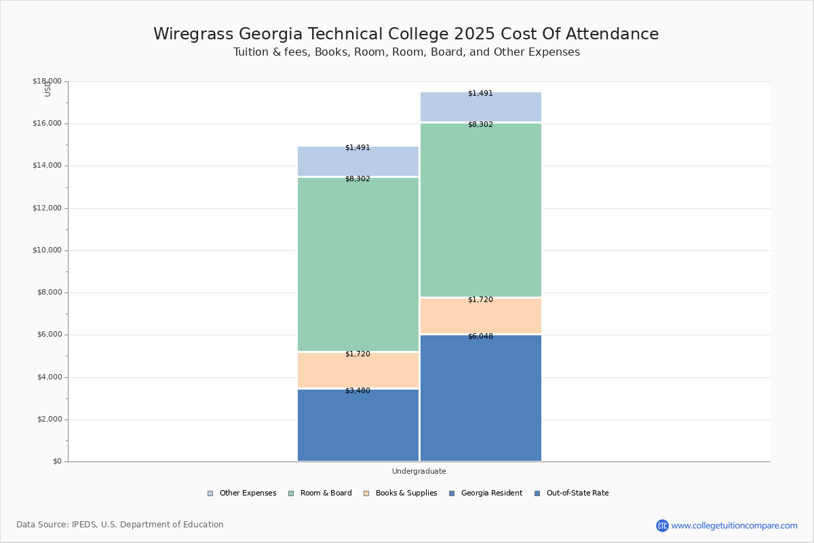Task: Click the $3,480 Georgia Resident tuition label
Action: (357, 390)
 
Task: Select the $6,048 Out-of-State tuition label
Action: (480, 336)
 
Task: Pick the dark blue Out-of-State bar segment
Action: (480, 400)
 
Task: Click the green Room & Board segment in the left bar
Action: (358, 265)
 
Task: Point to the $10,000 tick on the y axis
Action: (47, 250)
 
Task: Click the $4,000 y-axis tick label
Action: (49, 377)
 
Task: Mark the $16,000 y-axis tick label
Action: (47, 124)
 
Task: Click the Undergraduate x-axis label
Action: (419, 471)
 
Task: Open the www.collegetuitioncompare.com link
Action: (734, 525)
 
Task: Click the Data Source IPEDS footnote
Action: (120, 525)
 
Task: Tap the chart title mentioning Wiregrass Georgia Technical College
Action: (406, 34)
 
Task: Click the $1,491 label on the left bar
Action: (357, 147)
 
